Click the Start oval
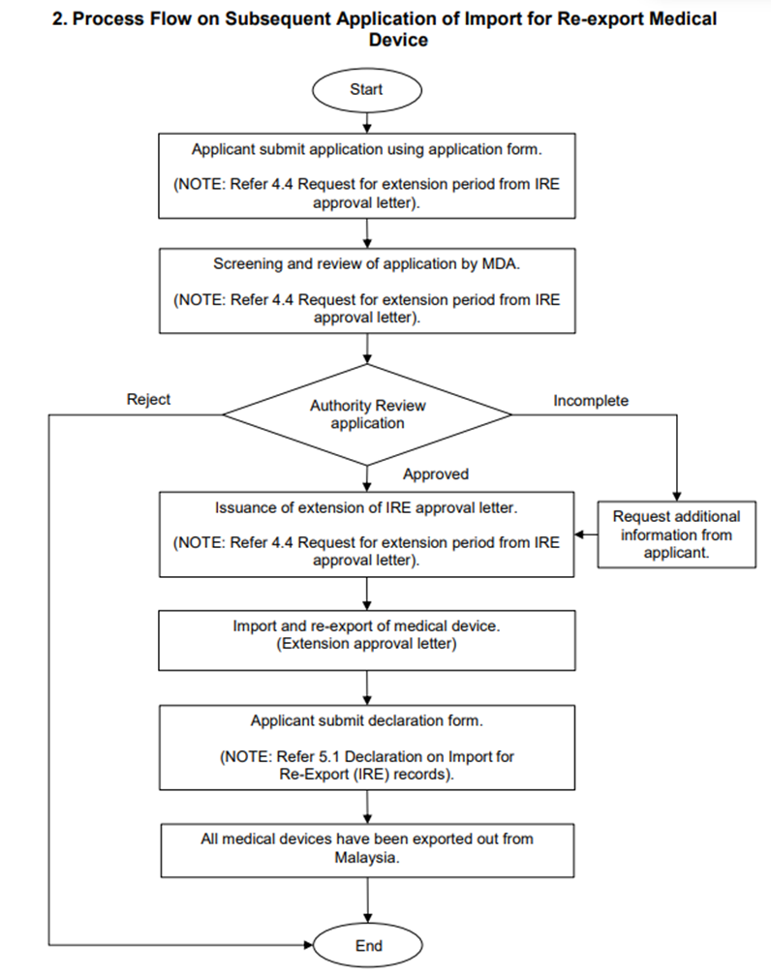pyautogui.click(x=367, y=90)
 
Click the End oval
pyautogui.click(x=367, y=945)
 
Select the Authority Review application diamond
pyautogui.click(x=367, y=414)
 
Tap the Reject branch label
pyautogui.click(x=148, y=400)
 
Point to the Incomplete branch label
pyautogui.click(x=591, y=401)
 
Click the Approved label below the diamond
pyautogui.click(x=435, y=474)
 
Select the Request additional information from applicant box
pyautogui.click(x=676, y=534)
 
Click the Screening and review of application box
pyautogui.click(x=367, y=290)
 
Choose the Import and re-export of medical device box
pyautogui.click(x=367, y=640)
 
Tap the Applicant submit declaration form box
pyautogui.click(x=367, y=747)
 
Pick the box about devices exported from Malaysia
pyautogui.click(x=367, y=851)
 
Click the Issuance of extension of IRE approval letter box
pyautogui.click(x=366, y=534)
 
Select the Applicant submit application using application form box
pyautogui.click(x=367, y=175)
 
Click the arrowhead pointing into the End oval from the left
pyautogui.click(x=308, y=945)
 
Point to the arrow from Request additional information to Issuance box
pyautogui.click(x=586, y=534)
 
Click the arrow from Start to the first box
pyautogui.click(x=367, y=122)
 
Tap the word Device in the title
pyautogui.click(x=398, y=40)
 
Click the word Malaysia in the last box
pyautogui.click(x=366, y=858)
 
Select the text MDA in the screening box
pyautogui.click(x=500, y=264)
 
